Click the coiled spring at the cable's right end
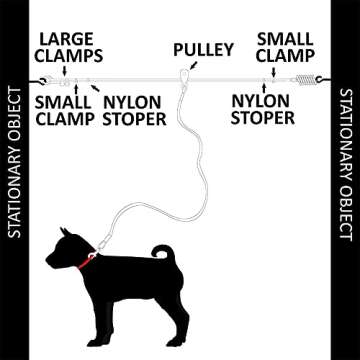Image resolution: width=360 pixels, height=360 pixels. click(305, 78)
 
